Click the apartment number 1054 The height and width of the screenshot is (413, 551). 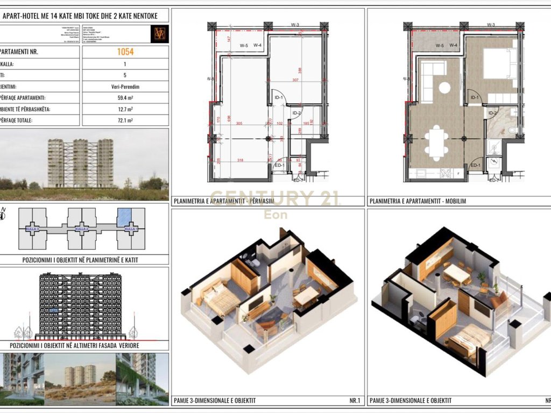click(x=125, y=52)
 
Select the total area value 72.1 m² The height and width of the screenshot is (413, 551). click(x=125, y=120)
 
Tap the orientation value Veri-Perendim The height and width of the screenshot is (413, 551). click(x=125, y=87)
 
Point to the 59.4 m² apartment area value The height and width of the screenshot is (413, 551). click(x=125, y=98)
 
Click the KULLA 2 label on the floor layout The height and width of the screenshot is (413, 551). click(x=81, y=229)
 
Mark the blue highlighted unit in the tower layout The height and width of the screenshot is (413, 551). click(x=124, y=217)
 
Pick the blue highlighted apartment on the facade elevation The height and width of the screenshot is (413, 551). click(x=54, y=310)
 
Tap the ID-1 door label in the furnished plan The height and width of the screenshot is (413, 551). click(x=475, y=97)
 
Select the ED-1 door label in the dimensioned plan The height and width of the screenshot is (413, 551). click(x=279, y=165)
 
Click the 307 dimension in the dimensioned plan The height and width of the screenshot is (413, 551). click(x=295, y=80)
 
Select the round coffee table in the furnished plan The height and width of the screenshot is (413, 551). click(x=444, y=87)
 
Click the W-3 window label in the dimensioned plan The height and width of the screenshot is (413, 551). click(x=295, y=25)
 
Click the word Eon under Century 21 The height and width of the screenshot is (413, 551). click(x=275, y=215)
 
